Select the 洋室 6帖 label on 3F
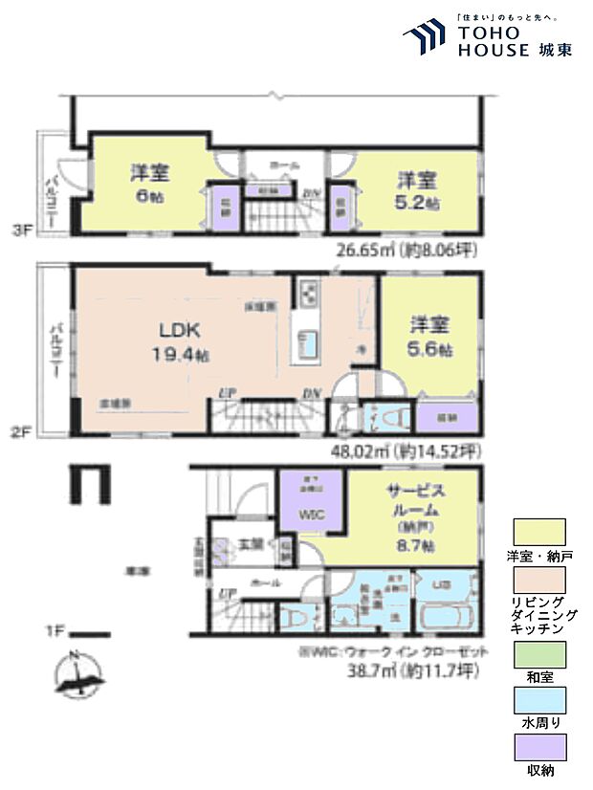coord(150,183)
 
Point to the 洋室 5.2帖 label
coord(418,190)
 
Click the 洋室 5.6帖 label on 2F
coord(430,336)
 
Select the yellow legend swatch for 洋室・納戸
coord(539,531)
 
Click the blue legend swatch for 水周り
coord(539,700)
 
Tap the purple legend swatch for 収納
coord(539,746)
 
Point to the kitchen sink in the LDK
coord(308,342)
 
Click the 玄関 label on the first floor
coord(251,544)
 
